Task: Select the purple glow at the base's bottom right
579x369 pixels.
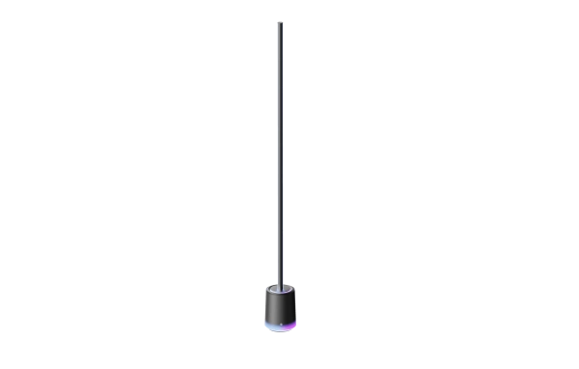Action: [292, 326]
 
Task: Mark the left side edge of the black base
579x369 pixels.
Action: [263, 307]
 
